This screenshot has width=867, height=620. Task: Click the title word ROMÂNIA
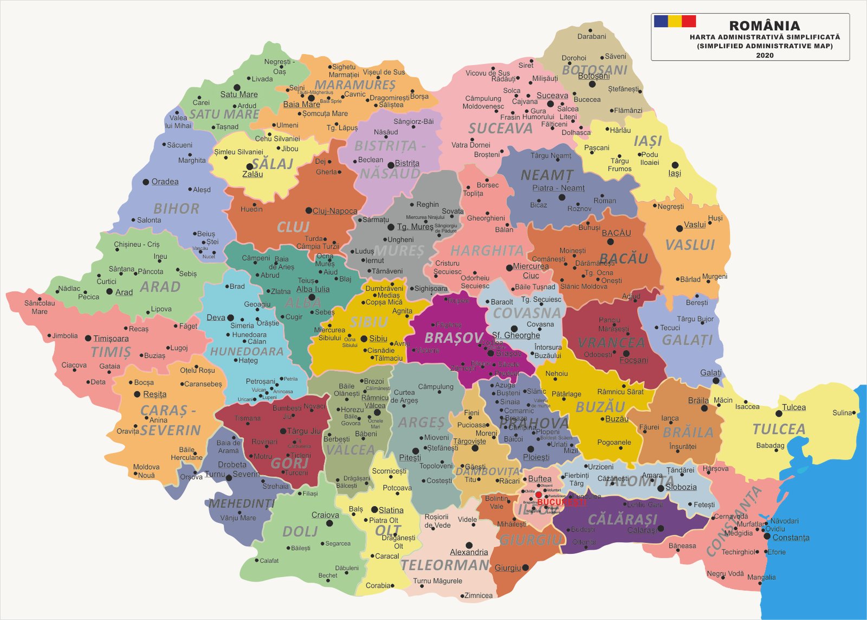pyautogui.click(x=764, y=25)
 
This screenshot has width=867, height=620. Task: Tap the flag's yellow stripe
pyautogui.click(x=675, y=21)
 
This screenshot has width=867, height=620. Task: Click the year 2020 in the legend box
pyautogui.click(x=765, y=55)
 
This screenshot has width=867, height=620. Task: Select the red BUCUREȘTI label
pyautogui.click(x=561, y=502)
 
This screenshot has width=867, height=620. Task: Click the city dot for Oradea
pyautogui.click(x=146, y=182)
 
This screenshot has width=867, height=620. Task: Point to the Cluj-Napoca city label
pyautogui.click(x=335, y=211)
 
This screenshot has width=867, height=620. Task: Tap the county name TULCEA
pyautogui.click(x=779, y=429)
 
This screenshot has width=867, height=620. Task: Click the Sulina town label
pyautogui.click(x=842, y=413)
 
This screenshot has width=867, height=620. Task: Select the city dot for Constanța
pyautogui.click(x=767, y=536)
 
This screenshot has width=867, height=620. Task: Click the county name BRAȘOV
pyautogui.click(x=454, y=338)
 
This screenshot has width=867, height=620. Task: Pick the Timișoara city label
pyautogui.click(x=111, y=338)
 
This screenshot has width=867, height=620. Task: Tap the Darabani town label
pyautogui.click(x=592, y=36)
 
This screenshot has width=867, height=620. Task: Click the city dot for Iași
pyautogui.click(x=675, y=165)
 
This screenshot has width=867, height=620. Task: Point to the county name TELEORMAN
pyautogui.click(x=445, y=565)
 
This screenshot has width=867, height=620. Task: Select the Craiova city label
pyautogui.click(x=325, y=515)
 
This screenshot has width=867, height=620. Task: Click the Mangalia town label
pyautogui.click(x=761, y=577)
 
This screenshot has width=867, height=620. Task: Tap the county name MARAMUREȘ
pyautogui.click(x=355, y=85)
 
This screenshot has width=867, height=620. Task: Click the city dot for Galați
pyautogui.click(x=716, y=381)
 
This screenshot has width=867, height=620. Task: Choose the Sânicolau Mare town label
pyautogui.click(x=39, y=307)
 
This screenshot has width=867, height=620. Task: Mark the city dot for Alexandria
pyautogui.click(x=469, y=545)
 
